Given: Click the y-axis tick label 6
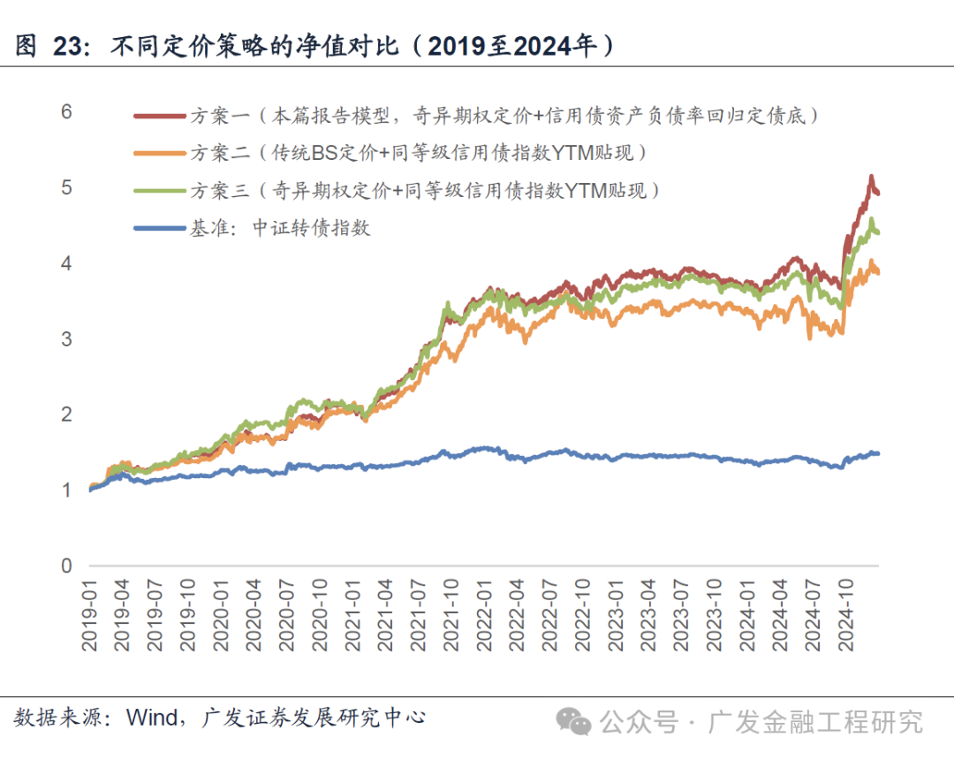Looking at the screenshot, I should click(66, 112).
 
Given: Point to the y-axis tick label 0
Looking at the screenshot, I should click(66, 566).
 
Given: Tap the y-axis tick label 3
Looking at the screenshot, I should click(66, 339).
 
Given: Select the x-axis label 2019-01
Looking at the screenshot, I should click(90, 617).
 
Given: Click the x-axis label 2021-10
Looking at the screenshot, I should click(451, 617).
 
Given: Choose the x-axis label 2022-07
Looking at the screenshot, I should click(550, 617).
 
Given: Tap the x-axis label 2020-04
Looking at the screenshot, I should click(254, 617).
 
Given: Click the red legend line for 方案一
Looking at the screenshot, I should click(159, 115).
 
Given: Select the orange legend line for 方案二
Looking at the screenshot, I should click(159, 153).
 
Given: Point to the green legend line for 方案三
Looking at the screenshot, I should click(159, 190).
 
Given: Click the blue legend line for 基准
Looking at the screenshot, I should click(159, 228).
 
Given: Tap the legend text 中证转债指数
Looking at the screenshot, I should click(311, 228).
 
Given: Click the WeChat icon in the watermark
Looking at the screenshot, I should click(579, 722).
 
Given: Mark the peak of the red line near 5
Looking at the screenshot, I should click(871, 177).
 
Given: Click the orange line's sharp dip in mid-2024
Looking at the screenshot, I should click(810, 338).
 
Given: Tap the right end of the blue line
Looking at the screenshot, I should click(878, 453).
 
